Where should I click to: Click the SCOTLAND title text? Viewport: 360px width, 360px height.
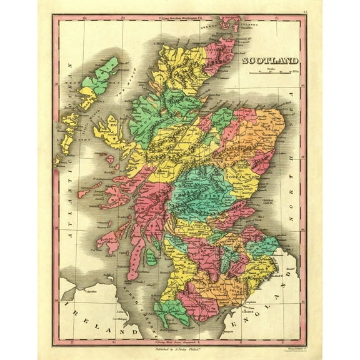click(x=269, y=61)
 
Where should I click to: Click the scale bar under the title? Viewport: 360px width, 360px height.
click(x=273, y=74)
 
